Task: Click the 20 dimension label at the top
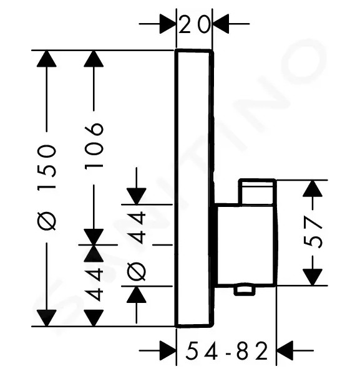[x=194, y=24]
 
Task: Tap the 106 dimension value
[x=94, y=146]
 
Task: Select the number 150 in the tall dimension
[x=47, y=167]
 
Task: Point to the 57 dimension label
[x=313, y=232]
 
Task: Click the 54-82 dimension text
[x=226, y=350]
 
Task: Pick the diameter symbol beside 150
[x=47, y=221]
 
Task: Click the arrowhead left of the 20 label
[x=168, y=24]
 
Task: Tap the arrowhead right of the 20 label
[x=221, y=24]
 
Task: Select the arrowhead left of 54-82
[x=168, y=350]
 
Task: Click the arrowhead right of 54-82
[x=285, y=350]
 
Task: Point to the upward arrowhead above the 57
[x=313, y=188]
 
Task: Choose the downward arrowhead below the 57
[x=313, y=277]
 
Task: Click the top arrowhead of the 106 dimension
[x=94, y=59]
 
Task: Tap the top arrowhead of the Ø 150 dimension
[x=47, y=59]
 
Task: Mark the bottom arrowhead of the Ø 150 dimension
[x=47, y=318]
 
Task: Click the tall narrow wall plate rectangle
[x=194, y=188]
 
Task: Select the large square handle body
[x=246, y=244]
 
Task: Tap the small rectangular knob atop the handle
[x=257, y=191]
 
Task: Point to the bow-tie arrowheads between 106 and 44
[x=94, y=245]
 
